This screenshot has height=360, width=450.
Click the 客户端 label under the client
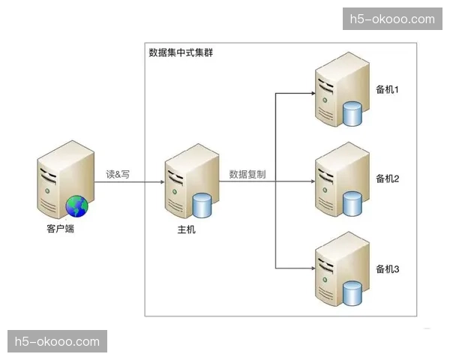pos(60,229)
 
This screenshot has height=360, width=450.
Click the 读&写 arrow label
pos(118,174)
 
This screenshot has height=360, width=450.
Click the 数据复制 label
pos(247,174)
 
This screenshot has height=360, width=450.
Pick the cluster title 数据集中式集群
pos(181,52)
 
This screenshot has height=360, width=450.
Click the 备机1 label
pos(387,90)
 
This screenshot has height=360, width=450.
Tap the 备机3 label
pos(387,268)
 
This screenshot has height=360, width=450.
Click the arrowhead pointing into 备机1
pos(310,94)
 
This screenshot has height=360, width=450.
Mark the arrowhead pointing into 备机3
pos(310,268)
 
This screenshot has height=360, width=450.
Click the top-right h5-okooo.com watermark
pos(394,19)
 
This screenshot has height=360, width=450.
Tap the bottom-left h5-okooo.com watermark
pos(57,341)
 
